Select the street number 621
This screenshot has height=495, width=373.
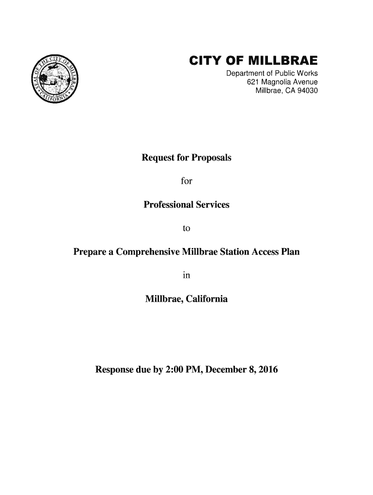click(x=253, y=82)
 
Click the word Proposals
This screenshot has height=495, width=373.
click(x=211, y=158)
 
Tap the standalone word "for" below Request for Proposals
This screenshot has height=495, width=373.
click(x=186, y=182)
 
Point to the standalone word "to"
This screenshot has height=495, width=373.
click(x=186, y=229)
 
